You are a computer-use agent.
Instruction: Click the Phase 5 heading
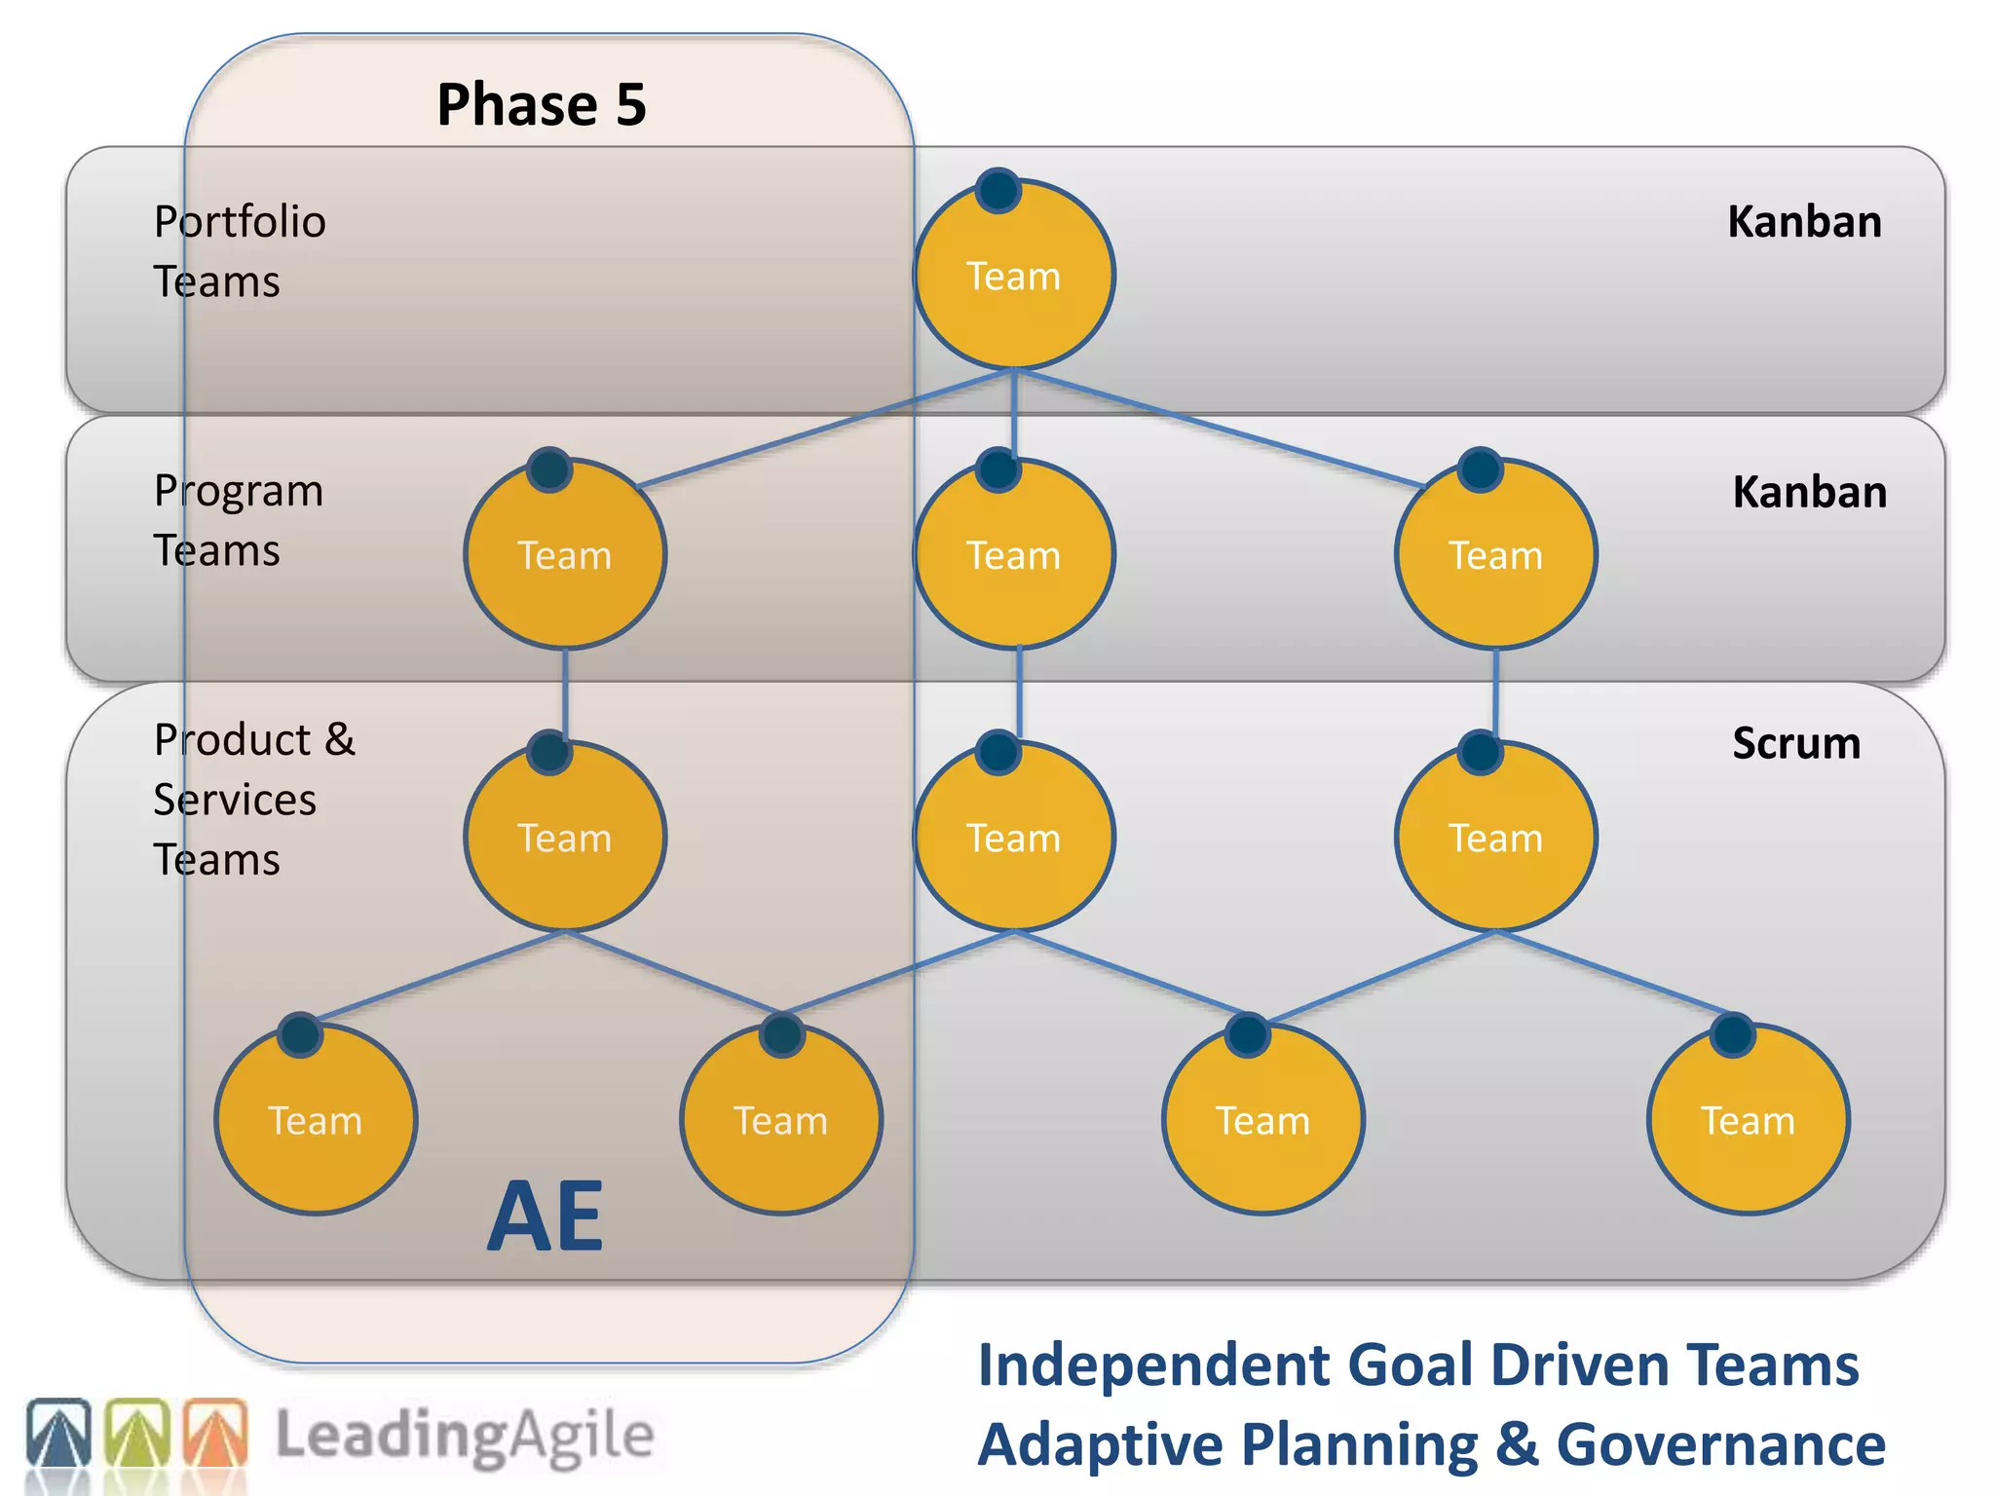(x=541, y=104)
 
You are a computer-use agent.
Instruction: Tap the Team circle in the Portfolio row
(x=1013, y=276)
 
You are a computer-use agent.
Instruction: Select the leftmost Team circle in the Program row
(x=565, y=554)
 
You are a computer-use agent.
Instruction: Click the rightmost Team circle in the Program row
(x=1495, y=554)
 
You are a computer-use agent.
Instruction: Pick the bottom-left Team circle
(x=316, y=1120)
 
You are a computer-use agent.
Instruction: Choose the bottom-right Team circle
(x=1748, y=1120)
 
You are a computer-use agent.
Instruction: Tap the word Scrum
(x=1795, y=743)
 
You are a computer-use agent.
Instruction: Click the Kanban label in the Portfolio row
(x=1804, y=222)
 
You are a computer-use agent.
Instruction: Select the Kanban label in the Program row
(x=1809, y=492)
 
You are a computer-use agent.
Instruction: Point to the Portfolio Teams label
(x=239, y=251)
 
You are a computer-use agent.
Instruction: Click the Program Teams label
(x=238, y=520)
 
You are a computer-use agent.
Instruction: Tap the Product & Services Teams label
(x=253, y=799)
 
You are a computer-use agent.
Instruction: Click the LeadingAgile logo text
(x=465, y=1436)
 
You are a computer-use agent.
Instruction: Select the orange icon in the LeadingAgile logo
(x=215, y=1432)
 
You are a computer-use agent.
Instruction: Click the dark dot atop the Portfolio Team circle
(x=998, y=190)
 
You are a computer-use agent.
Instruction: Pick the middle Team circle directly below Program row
(x=1013, y=837)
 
